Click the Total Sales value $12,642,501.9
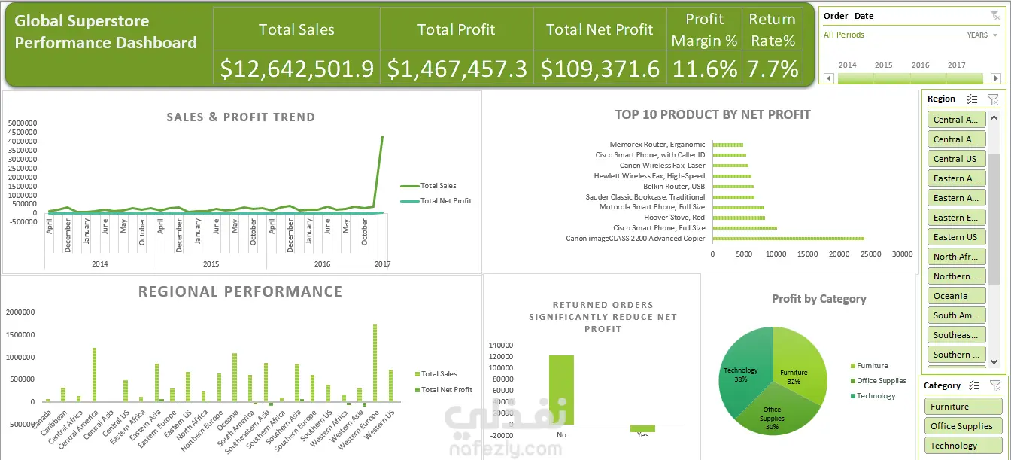(x=297, y=69)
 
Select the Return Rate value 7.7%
(x=772, y=69)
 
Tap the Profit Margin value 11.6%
(x=704, y=69)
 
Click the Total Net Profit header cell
(x=600, y=29)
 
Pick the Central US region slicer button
(x=955, y=159)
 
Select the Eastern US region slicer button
(x=955, y=237)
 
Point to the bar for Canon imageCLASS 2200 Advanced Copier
(x=788, y=239)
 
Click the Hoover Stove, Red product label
(x=674, y=218)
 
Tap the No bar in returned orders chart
(x=561, y=391)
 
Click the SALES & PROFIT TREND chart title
(x=241, y=117)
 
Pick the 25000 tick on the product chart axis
(x=871, y=254)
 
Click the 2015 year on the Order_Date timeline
(x=884, y=65)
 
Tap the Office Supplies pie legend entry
(x=881, y=381)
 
